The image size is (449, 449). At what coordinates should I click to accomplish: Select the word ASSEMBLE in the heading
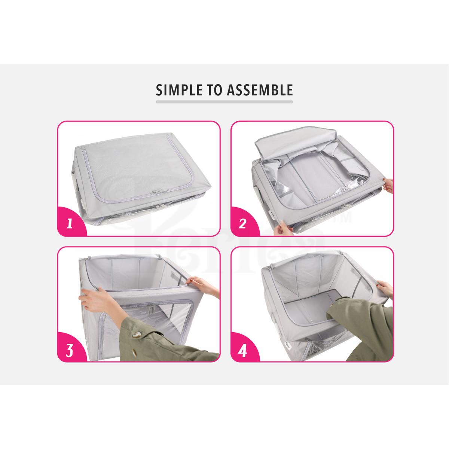click(260, 90)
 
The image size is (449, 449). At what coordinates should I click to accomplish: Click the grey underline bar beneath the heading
click(224, 102)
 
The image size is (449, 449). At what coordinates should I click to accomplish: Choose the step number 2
click(242, 224)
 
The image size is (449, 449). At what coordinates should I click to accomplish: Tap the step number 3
click(70, 350)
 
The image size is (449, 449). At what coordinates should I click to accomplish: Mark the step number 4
click(242, 351)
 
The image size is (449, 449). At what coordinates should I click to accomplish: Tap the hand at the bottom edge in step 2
click(282, 227)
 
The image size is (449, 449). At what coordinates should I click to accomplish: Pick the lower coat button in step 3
click(135, 354)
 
